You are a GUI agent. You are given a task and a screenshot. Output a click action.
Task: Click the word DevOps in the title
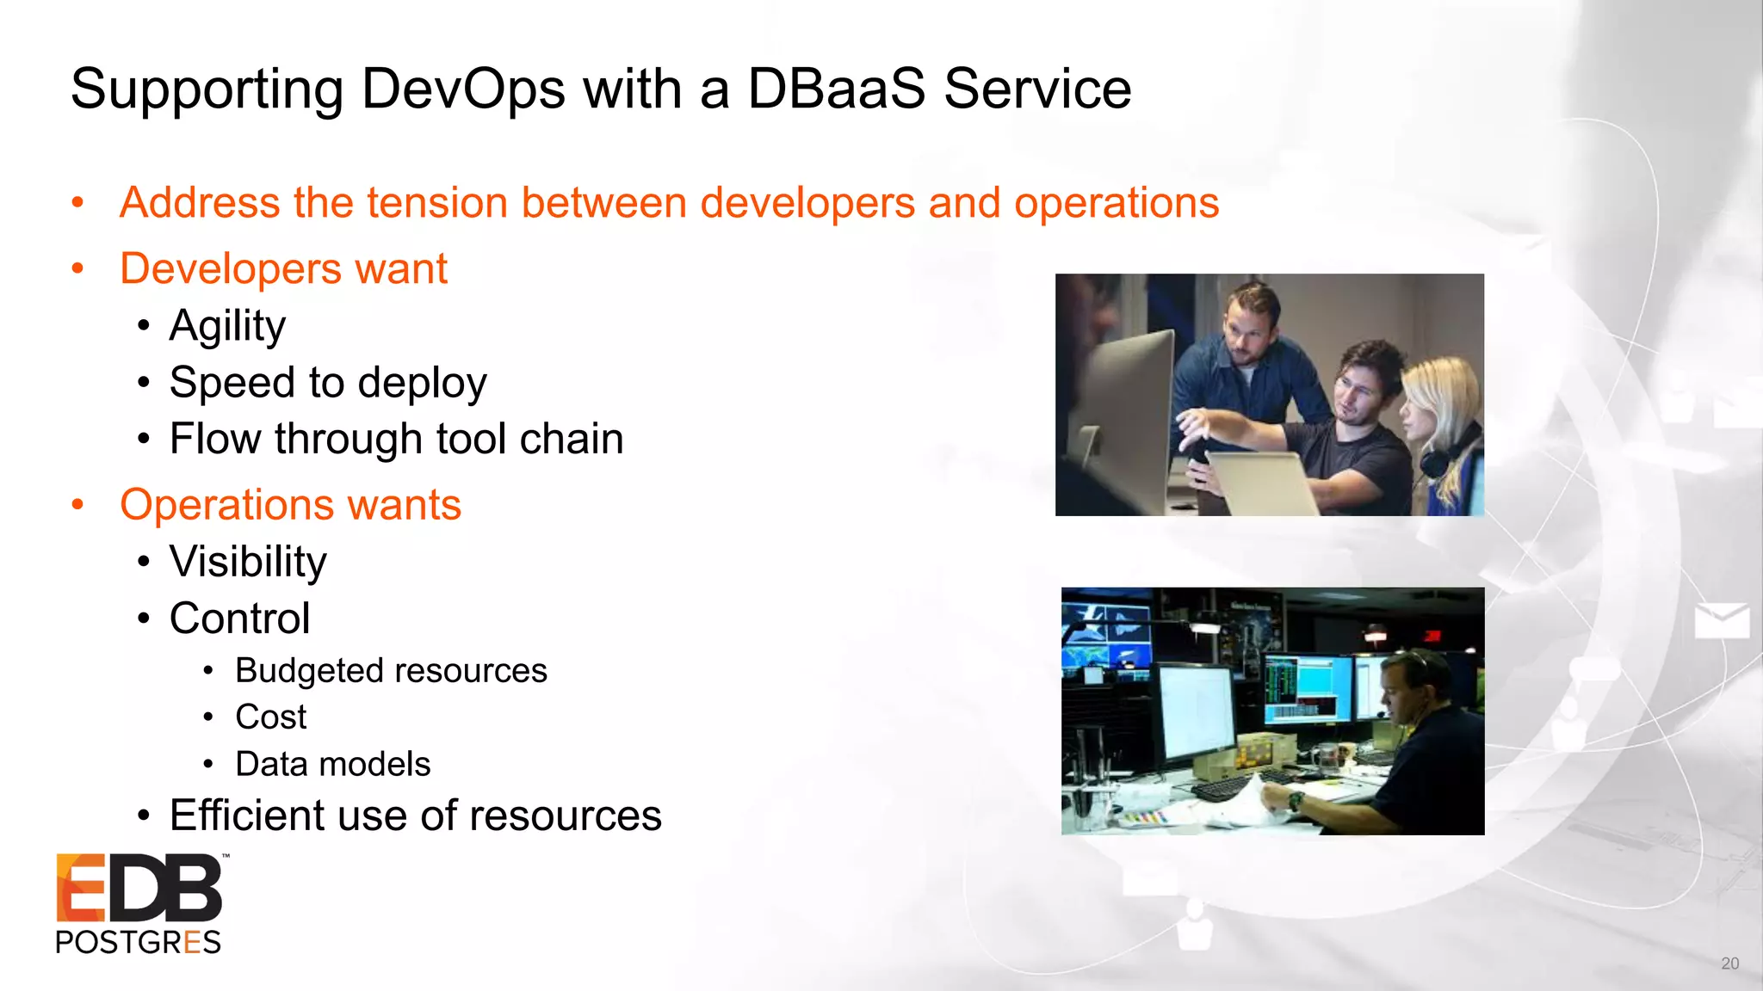pos(461,89)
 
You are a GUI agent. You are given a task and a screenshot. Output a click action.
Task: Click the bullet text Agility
pos(227,326)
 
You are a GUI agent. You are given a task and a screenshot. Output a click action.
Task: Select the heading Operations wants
pos(290,505)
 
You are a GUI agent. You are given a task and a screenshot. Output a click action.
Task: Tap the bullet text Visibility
pos(248,562)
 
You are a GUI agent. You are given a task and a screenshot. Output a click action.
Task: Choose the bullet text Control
pos(239,619)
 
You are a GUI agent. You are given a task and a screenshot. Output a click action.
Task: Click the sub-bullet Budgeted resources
pos(391,671)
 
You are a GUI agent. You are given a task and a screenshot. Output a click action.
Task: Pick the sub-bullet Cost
pos(270,717)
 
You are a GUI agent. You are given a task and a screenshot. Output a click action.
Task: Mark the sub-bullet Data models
pos(332,764)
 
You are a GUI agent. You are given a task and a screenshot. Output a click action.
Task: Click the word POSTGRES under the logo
pos(138,943)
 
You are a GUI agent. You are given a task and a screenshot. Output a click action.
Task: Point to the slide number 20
pos(1729,963)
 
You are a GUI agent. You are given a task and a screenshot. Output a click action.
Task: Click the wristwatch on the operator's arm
pos(1295,801)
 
